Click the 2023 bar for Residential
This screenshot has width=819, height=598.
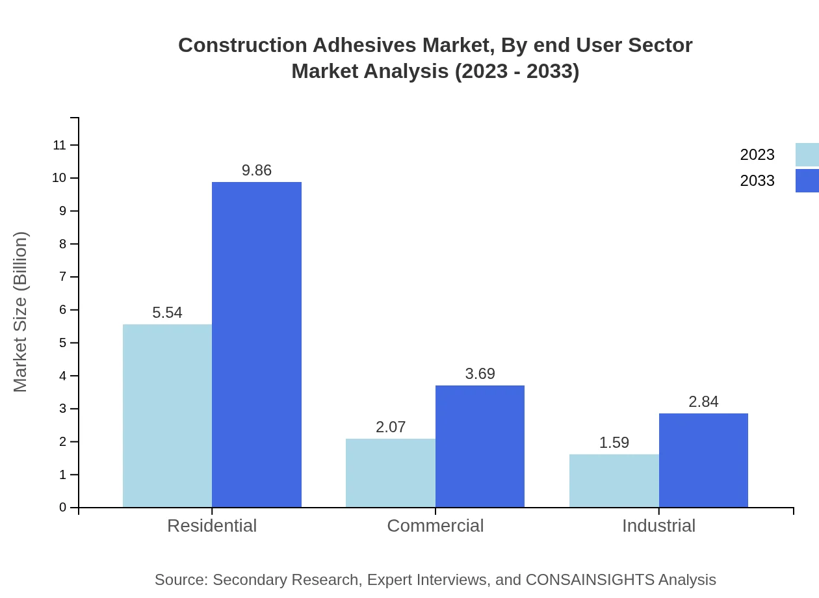tap(167, 416)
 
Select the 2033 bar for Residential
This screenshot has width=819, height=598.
tap(257, 344)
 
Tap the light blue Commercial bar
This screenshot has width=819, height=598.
tap(390, 473)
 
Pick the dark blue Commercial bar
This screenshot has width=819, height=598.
tap(480, 447)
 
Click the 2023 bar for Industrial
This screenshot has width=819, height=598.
tap(614, 481)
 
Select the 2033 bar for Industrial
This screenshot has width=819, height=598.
tap(703, 460)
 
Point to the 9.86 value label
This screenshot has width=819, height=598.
tap(257, 170)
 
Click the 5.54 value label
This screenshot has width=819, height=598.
tap(167, 313)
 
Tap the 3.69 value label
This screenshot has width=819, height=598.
tap(480, 374)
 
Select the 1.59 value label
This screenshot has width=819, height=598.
tap(614, 443)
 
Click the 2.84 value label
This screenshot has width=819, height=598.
tap(703, 402)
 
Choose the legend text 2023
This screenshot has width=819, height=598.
tap(757, 155)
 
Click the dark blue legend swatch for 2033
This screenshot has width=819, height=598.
tap(807, 181)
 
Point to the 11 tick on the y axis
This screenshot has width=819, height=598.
tap(60, 145)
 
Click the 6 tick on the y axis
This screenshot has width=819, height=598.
tap(63, 310)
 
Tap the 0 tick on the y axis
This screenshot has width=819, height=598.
tap(63, 508)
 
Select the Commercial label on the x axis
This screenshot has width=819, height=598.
tap(435, 526)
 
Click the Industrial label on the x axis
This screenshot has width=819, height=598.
tap(658, 526)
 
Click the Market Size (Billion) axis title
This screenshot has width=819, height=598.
tap(21, 312)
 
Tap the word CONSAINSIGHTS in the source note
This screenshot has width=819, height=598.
tap(590, 580)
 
